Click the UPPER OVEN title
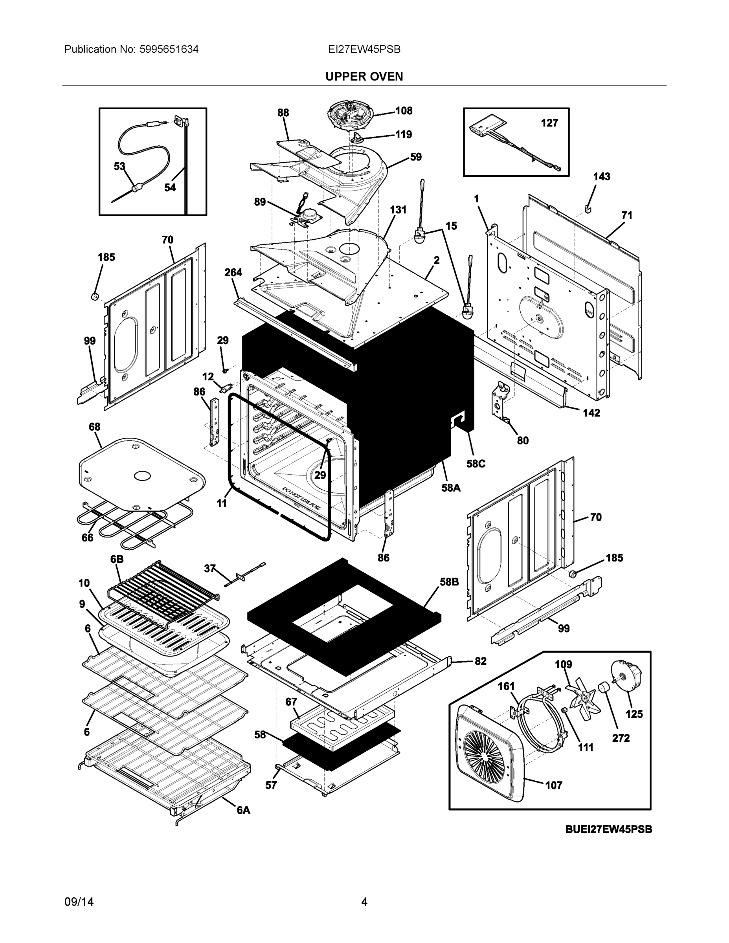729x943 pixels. coord(364,77)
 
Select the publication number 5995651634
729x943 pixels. coord(169,49)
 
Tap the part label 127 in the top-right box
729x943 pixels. coord(549,123)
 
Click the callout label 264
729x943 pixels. coord(233,272)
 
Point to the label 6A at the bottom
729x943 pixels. coord(243,811)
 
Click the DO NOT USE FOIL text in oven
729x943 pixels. coord(301,498)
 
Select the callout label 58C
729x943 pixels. coord(476,464)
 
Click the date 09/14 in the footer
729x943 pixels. coord(79,902)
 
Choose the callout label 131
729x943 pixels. coord(398,210)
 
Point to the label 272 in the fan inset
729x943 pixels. coord(621,738)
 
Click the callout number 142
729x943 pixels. coord(591,413)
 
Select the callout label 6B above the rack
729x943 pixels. coord(117,559)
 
